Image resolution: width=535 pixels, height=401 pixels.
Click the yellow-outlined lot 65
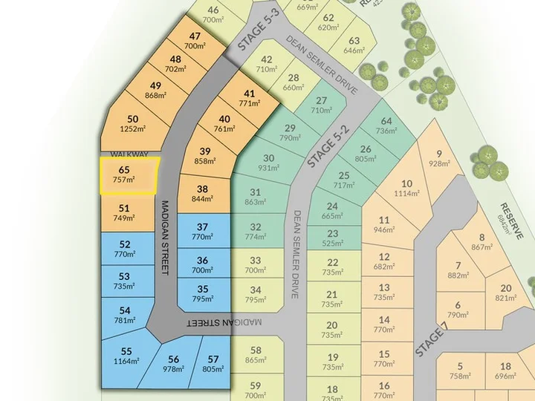[128, 175]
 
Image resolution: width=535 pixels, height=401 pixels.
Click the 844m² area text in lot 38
[201, 199]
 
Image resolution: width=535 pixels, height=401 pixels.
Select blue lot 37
[202, 232]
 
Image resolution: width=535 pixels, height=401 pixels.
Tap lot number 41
[250, 94]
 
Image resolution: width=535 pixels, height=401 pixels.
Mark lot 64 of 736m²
[386, 126]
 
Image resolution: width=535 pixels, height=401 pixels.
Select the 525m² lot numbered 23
[332, 238]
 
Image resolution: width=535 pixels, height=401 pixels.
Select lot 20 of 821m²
[505, 293]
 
